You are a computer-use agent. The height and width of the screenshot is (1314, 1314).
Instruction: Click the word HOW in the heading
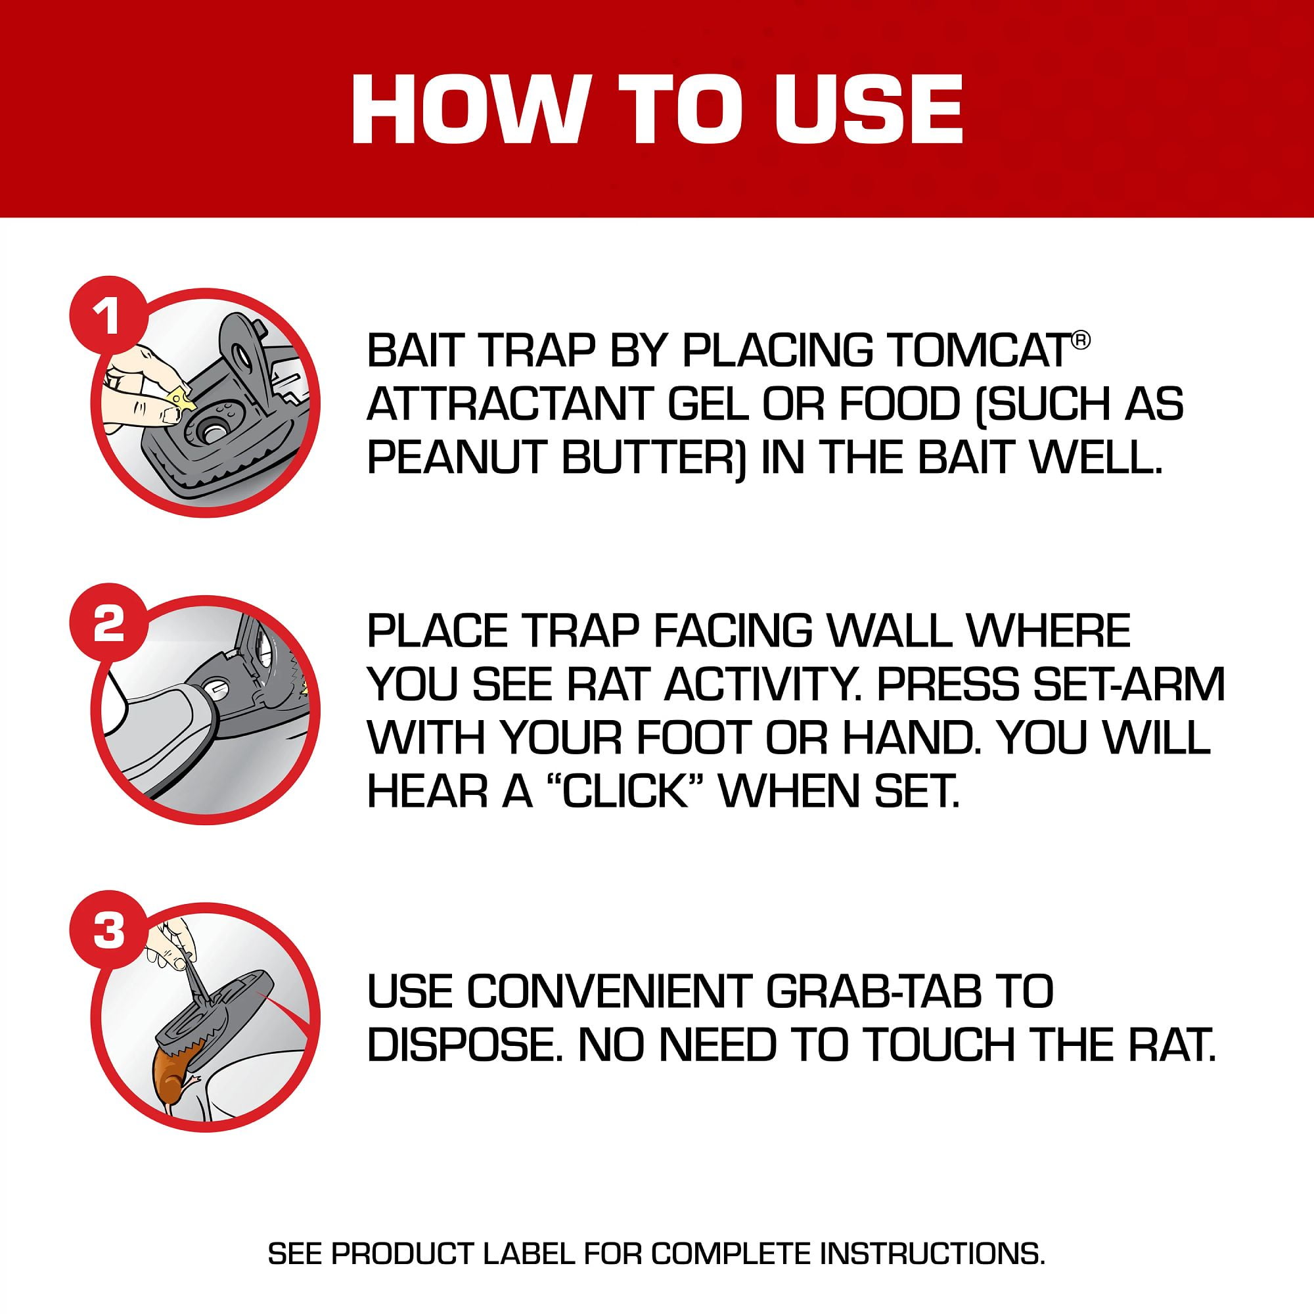coord(467,109)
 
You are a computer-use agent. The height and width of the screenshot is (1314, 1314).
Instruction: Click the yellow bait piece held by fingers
coord(181,398)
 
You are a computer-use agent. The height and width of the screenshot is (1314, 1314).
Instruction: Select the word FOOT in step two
coord(689,737)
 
